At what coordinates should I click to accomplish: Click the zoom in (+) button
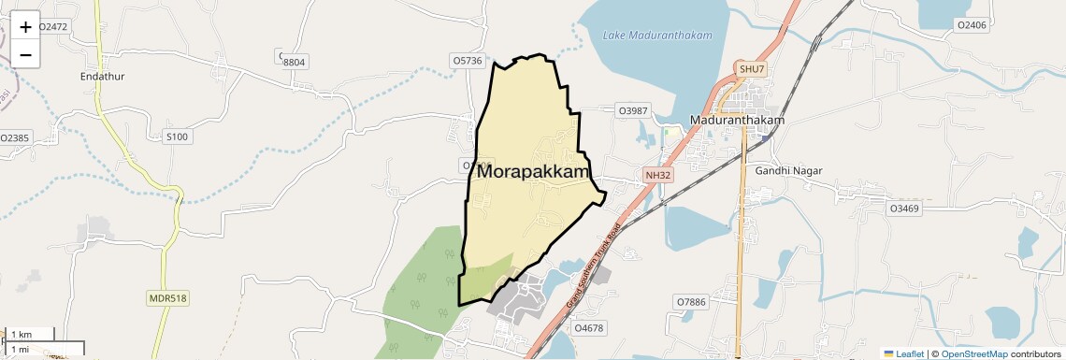(25, 27)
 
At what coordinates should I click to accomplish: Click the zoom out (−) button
(25, 54)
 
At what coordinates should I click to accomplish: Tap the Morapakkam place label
(534, 172)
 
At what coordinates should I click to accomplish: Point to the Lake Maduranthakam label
(657, 36)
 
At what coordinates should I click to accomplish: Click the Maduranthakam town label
(736, 121)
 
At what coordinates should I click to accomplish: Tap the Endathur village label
(103, 77)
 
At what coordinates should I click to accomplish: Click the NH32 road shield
(657, 175)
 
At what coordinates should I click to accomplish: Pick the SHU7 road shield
(751, 69)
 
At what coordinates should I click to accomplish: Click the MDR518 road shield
(167, 298)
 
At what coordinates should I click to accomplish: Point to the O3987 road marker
(633, 110)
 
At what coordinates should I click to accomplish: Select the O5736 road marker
(467, 61)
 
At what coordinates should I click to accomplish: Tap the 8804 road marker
(294, 62)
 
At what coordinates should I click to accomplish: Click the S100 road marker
(176, 137)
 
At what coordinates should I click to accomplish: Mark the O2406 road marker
(972, 25)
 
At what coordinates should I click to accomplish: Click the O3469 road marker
(904, 208)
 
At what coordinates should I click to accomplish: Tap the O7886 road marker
(691, 302)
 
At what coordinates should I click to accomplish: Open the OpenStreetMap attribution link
(973, 354)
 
